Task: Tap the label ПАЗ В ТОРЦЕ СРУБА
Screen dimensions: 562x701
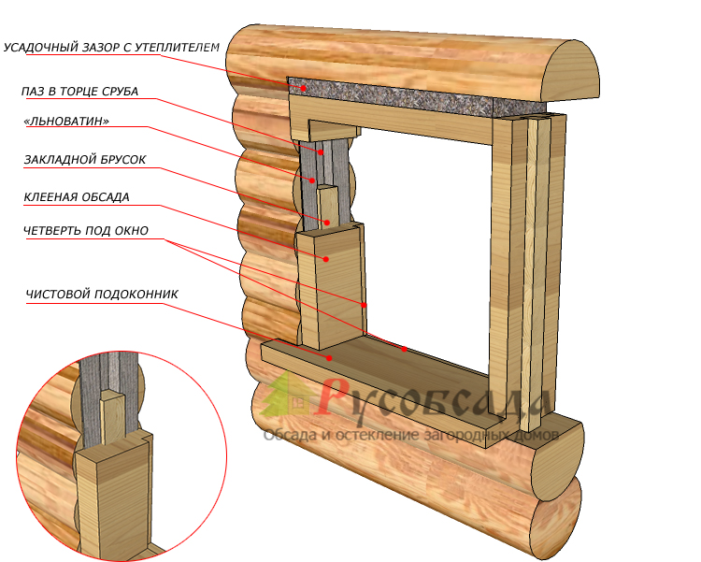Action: click(x=79, y=92)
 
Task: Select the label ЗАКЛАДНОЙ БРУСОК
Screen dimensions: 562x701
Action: click(x=85, y=160)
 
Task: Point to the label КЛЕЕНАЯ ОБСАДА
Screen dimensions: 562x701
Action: click(x=77, y=197)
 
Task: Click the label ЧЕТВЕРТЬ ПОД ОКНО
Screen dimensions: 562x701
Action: click(x=86, y=231)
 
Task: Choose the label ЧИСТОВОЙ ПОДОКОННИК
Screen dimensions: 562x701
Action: click(x=102, y=294)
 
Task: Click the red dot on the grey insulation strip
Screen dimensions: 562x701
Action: click(x=304, y=89)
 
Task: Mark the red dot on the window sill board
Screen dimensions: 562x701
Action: click(x=329, y=356)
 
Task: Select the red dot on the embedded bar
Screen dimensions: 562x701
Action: click(x=327, y=223)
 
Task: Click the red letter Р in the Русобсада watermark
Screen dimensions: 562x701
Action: click(x=333, y=397)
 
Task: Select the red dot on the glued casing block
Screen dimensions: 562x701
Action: click(x=326, y=259)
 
